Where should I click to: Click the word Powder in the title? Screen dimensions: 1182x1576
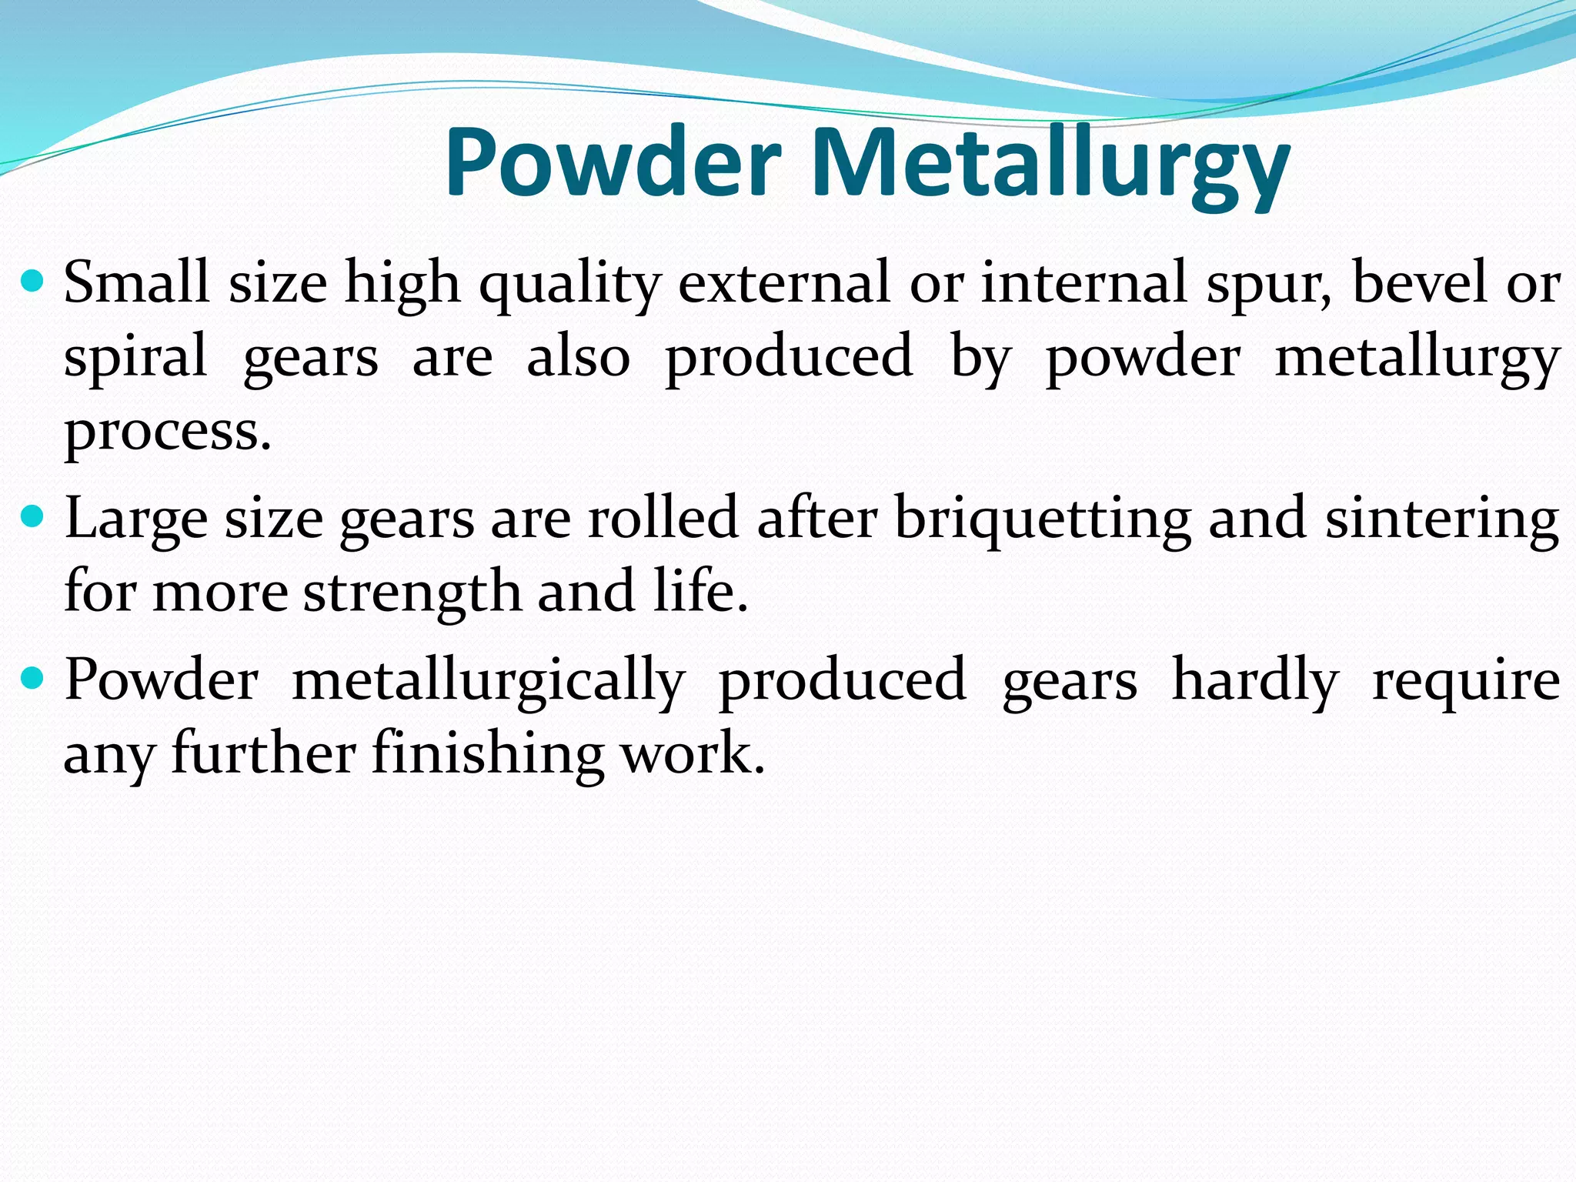[613, 163]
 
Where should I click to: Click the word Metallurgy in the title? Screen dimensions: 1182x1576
[1050, 166]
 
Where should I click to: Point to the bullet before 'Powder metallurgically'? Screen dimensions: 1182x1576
[32, 678]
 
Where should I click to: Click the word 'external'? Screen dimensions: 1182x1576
[783, 282]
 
